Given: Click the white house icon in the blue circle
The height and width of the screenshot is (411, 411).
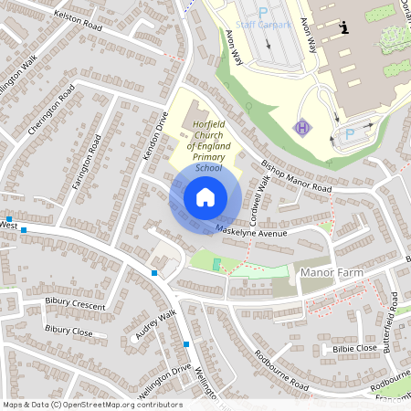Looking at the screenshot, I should point(205,196).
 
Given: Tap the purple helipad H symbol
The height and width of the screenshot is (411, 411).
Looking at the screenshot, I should point(302,127).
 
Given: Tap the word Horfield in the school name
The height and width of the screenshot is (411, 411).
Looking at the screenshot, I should point(208,134).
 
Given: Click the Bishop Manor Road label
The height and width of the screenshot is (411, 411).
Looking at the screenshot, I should point(296,176).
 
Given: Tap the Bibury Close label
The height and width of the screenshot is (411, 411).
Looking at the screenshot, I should point(68,331).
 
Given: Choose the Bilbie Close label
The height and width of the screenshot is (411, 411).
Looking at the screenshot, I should point(354,348).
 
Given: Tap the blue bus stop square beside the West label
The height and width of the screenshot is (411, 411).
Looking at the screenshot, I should point(24,230).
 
